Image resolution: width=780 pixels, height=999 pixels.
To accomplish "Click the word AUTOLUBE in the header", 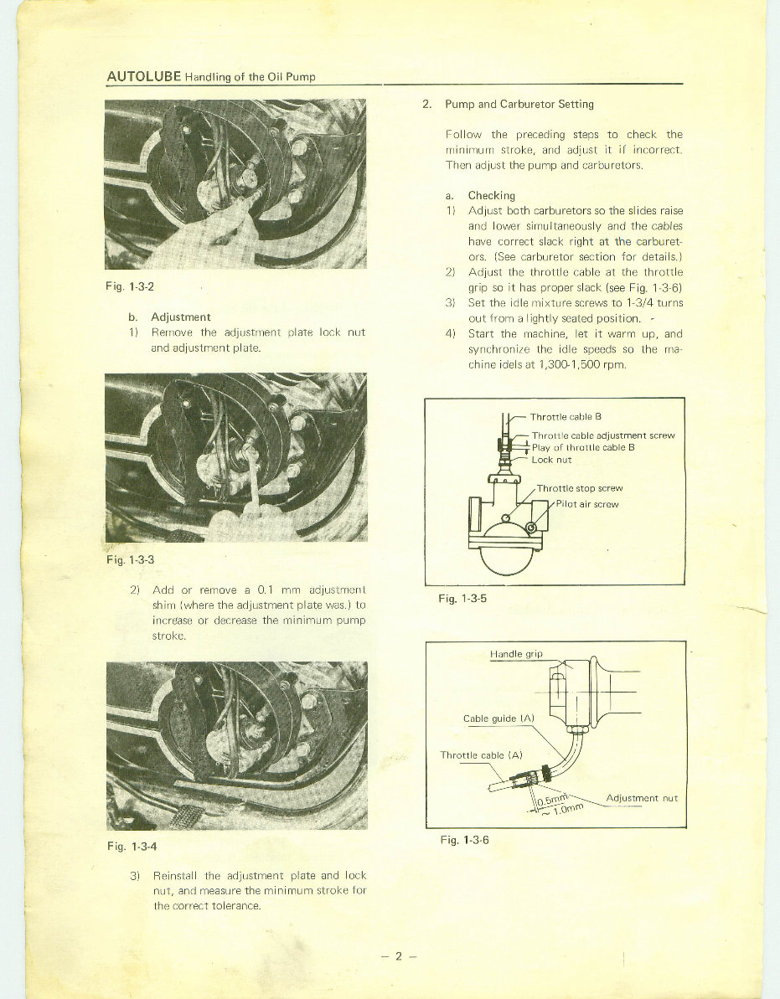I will pos(144,76).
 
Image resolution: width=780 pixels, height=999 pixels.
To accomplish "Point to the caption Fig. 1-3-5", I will pos(463,600).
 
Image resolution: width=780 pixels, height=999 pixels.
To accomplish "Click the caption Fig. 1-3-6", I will pos(464,840).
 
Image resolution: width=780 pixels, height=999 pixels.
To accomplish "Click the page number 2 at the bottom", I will pos(400,956).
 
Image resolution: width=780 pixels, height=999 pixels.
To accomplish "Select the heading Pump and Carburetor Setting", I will pos(519,105).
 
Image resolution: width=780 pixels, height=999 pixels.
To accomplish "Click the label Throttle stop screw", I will pos(580,488).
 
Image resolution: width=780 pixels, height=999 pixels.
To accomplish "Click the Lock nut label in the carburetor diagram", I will pos(551,459).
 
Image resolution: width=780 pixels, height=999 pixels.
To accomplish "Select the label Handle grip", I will pos(516,654).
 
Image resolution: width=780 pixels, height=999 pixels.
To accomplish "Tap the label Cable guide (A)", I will pos(498,718).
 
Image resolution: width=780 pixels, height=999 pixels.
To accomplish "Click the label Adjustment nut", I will pos(641,798).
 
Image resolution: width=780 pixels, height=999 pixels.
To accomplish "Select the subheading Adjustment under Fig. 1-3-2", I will pos(180,317).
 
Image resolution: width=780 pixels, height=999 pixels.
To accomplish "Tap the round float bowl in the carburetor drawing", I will pos(504,559).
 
